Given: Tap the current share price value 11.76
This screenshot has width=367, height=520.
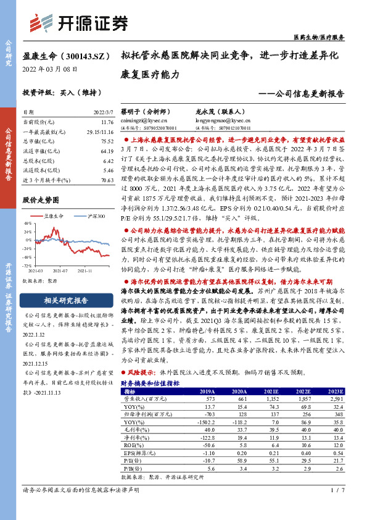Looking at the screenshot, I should click(x=107, y=123).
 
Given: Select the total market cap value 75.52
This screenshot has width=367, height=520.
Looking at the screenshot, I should click(x=107, y=141).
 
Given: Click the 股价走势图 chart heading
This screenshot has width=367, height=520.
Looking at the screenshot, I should click(x=40, y=200).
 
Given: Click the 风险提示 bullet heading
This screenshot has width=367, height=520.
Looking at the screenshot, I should click(x=142, y=373).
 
